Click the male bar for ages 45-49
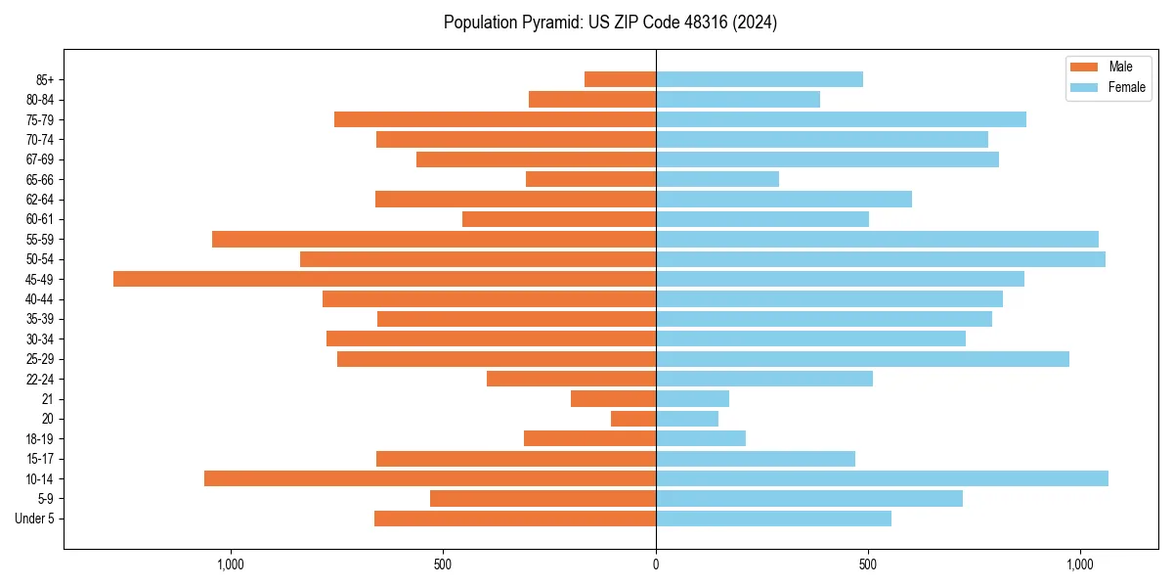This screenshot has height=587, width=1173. coord(384,279)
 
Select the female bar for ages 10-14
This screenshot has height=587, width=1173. coord(882,478)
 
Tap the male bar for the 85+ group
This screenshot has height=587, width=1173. coord(620,79)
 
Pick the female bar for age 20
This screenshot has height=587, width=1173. coord(687,419)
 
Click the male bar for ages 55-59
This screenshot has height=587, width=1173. coord(434,239)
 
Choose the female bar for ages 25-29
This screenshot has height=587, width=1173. coord(862,359)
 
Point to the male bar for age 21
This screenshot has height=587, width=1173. coord(613,398)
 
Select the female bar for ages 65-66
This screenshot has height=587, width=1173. coord(717,179)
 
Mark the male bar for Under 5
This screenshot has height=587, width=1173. coord(515,519)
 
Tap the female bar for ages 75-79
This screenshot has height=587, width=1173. coord(841,119)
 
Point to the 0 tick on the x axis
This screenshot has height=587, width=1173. coord(656,564)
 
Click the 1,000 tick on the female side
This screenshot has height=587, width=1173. coord(1080,564)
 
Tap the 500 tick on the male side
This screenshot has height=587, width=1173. coord(443,564)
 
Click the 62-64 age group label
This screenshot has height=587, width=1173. coord(40,200)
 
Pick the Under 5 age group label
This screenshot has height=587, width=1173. coord(34,519)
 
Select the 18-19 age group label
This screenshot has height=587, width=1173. coord(40,438)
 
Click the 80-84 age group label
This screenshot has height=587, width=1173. coord(40,100)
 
